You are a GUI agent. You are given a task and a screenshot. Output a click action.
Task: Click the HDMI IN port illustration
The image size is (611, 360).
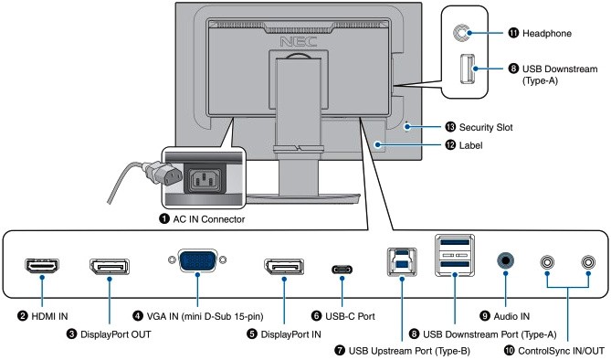click(42, 266)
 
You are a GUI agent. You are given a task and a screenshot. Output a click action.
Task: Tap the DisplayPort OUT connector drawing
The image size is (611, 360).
click(110, 267)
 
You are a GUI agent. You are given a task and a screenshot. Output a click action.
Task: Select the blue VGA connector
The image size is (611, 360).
click(197, 260)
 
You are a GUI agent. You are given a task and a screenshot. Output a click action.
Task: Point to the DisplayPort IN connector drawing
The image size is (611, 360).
click(284, 267)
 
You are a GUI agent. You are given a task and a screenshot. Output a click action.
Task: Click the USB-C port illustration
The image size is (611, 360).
click(342, 270)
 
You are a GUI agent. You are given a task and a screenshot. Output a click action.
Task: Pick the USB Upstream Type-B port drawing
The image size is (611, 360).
click(402, 261)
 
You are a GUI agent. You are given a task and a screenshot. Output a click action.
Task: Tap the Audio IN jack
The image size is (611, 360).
click(505, 260)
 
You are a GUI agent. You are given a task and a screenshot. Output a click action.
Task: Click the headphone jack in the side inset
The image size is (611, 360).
click(462, 33)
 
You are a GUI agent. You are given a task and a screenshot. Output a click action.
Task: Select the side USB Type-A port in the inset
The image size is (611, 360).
click(468, 69)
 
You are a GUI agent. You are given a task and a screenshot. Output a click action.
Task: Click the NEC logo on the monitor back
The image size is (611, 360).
click(299, 41)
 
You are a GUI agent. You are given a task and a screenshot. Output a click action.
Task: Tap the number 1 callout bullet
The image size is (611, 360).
click(164, 218)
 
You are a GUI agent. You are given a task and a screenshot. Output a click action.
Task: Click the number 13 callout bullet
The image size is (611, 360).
click(450, 127)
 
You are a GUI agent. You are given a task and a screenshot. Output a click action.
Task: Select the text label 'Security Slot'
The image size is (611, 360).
click(486, 127)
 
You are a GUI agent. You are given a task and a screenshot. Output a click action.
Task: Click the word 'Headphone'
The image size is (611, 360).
click(547, 34)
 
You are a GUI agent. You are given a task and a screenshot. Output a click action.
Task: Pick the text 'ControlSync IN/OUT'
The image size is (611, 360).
click(561, 351)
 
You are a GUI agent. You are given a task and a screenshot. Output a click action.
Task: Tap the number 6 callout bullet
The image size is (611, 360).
click(316, 315)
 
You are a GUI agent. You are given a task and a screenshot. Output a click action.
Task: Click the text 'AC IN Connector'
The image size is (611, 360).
click(209, 219)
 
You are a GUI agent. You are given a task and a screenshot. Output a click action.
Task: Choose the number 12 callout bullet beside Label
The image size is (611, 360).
click(450, 145)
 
